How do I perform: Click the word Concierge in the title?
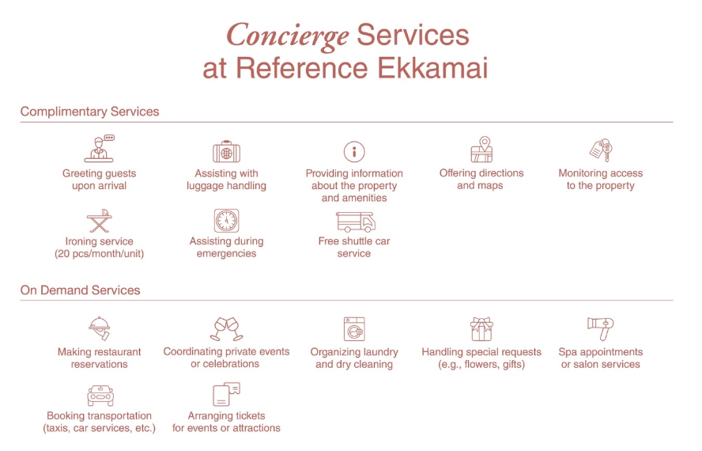(288, 36)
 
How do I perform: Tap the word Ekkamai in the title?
(432, 68)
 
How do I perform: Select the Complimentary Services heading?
(89, 112)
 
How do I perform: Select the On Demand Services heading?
(80, 290)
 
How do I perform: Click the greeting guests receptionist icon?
(100, 149)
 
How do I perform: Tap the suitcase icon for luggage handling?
(227, 152)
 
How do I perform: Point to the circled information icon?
(354, 152)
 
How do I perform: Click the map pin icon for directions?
(481, 150)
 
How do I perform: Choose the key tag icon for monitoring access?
(601, 150)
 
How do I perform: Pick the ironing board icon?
(100, 221)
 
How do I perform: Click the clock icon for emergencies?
(227, 221)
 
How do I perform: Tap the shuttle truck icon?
(356, 222)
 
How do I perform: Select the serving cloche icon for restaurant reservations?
(100, 328)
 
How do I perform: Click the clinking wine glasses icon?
(227, 329)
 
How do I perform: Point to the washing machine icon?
(354, 329)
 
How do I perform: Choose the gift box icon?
(481, 329)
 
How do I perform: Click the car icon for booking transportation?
(100, 396)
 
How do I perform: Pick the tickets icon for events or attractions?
(227, 394)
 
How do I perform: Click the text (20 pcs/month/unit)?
(100, 254)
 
